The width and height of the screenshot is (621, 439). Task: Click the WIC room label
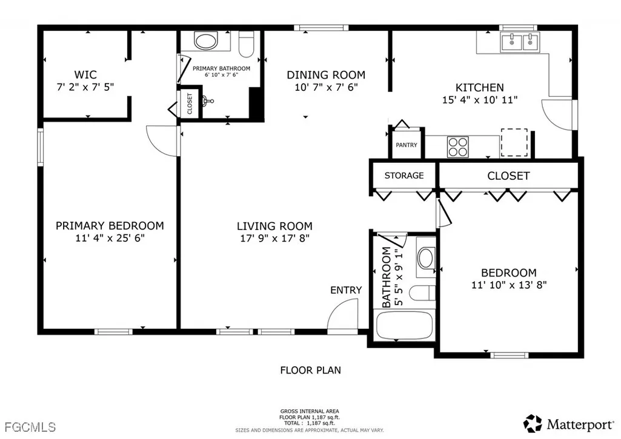[x=85, y=74]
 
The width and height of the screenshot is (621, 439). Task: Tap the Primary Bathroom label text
[x=221, y=68]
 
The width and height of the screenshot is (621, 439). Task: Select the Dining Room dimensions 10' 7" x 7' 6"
[x=326, y=87]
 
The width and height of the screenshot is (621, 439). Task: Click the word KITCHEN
[x=480, y=87]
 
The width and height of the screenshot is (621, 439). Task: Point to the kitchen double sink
[x=520, y=42]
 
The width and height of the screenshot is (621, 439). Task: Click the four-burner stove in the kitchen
[x=458, y=147]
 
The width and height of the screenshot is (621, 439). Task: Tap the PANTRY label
[x=407, y=145]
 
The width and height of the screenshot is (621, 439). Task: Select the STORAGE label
[x=404, y=176]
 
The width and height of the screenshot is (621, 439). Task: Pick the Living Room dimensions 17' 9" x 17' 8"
[x=275, y=239]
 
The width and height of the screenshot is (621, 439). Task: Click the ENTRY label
[x=346, y=290]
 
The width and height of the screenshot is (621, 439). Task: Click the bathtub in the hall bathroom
[x=404, y=326]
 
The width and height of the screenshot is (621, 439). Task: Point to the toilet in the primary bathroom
[x=247, y=45]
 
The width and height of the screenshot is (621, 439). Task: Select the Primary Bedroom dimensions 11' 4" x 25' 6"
[x=110, y=239]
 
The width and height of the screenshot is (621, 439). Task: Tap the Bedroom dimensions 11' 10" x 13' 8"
[x=509, y=285]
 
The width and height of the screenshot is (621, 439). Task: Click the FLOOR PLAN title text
[x=310, y=370]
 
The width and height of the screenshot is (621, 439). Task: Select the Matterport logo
[x=568, y=424]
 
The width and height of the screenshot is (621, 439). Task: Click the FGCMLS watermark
[x=30, y=427]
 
